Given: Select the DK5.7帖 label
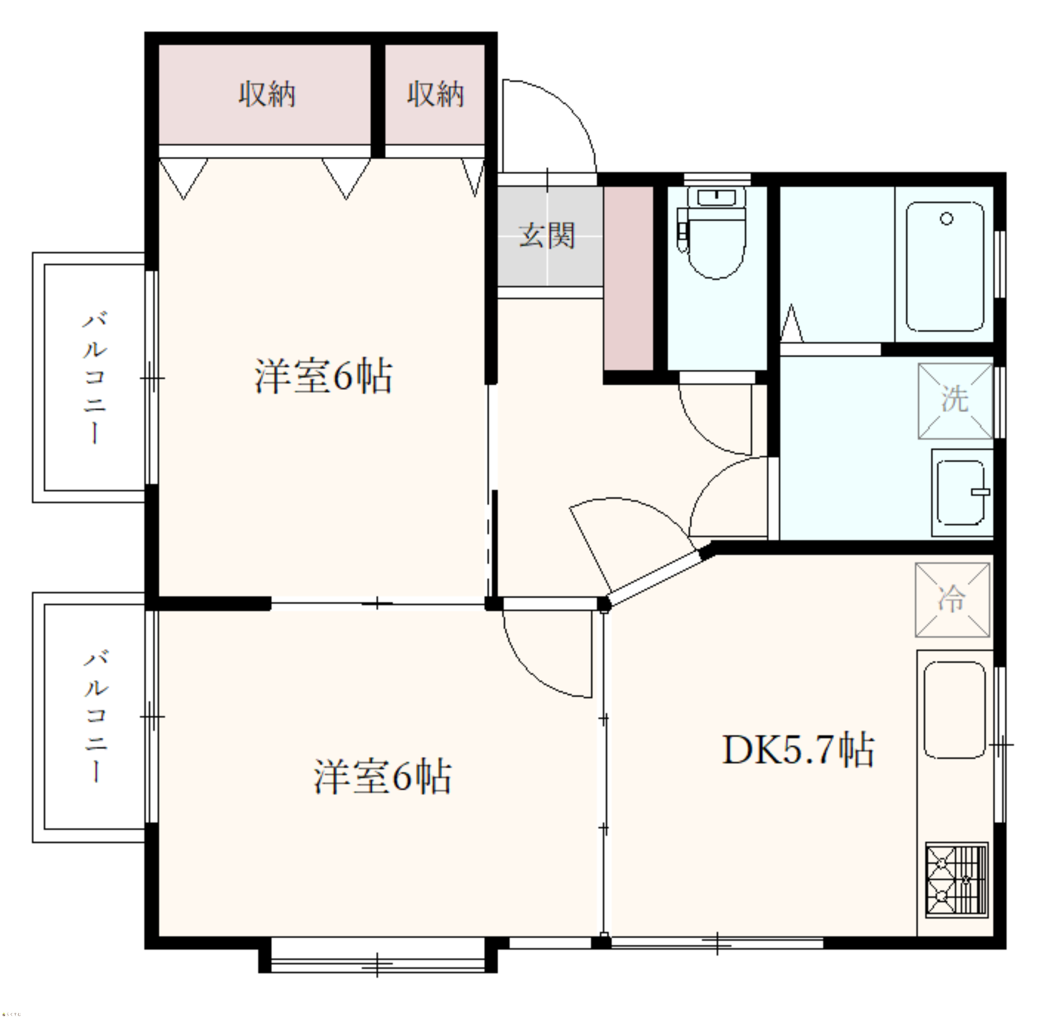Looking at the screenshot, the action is click(x=798, y=749).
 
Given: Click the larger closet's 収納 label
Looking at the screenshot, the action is click(x=267, y=95).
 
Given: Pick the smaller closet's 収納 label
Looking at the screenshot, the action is click(x=435, y=95).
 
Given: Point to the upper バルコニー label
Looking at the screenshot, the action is click(x=95, y=378).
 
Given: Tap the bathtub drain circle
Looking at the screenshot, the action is click(x=947, y=219).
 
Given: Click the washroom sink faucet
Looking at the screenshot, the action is click(x=980, y=492).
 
